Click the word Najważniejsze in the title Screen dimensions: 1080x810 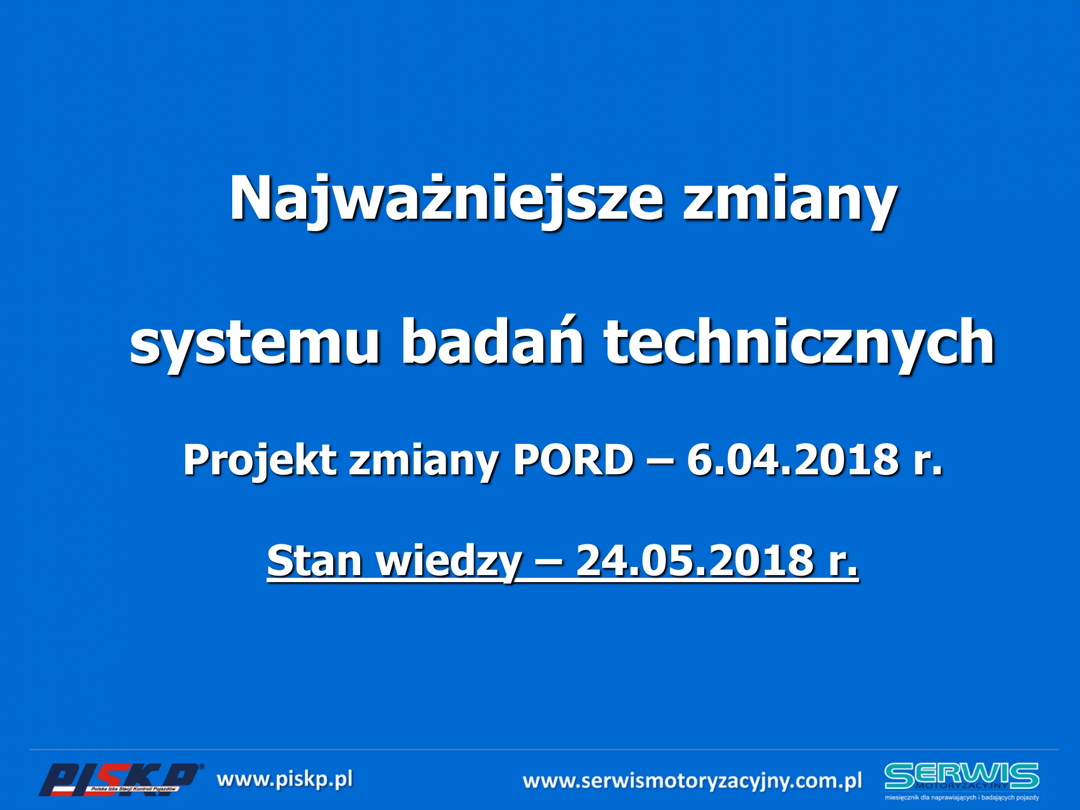(446, 200)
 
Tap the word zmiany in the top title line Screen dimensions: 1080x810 (790, 202)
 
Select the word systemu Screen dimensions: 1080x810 (254, 345)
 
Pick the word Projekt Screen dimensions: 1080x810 (260, 461)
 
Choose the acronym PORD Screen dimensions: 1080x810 (573, 460)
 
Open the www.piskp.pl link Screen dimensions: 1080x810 (285, 780)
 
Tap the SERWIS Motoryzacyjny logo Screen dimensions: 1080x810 (962, 777)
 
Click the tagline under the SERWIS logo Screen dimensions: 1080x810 (962, 797)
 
